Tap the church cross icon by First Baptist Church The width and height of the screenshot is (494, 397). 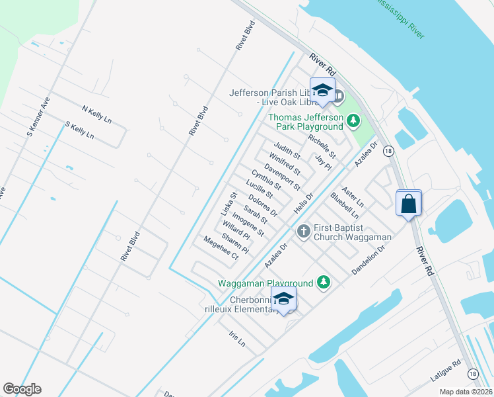[x=303, y=231]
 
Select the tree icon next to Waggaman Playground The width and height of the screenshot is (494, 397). [x=323, y=283]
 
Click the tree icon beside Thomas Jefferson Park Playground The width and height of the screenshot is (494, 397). [x=353, y=120]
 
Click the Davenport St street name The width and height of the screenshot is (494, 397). [x=282, y=177]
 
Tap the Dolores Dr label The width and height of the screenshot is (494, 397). [x=263, y=205]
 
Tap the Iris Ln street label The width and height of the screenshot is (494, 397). [x=236, y=339]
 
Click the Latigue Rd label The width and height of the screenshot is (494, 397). [x=445, y=371]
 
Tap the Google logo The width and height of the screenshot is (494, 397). [x=22, y=389]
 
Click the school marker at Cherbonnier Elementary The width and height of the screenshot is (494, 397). [x=283, y=300]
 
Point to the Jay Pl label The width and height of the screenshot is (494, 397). [x=322, y=162]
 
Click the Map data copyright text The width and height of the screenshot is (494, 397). [x=466, y=392]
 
